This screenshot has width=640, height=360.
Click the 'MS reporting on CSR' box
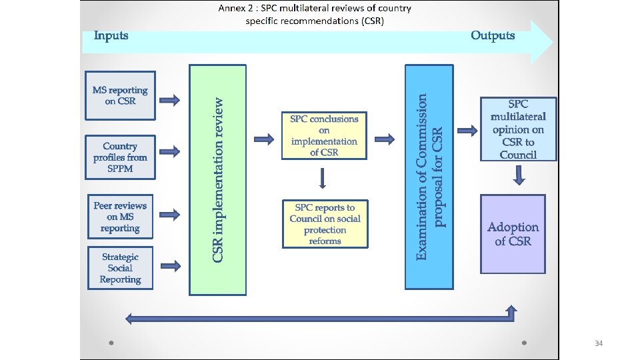click(120, 95)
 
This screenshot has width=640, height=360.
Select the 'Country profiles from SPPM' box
click(120, 157)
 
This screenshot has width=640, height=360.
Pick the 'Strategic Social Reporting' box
click(120, 268)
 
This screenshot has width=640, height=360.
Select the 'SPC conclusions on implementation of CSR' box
click(324, 135)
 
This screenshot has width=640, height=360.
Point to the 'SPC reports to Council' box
click(325, 224)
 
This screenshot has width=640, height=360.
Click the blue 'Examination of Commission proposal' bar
click(429, 177)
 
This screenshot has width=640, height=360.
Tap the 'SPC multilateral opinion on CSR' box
click(518, 129)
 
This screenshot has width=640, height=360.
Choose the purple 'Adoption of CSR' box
click(513, 234)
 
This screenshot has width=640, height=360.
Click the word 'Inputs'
click(111, 35)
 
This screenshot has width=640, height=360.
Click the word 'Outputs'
click(493, 35)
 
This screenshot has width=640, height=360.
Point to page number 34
click(598, 343)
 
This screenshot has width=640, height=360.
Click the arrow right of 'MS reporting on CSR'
click(170, 101)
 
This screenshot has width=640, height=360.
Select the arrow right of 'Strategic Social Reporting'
click(170, 266)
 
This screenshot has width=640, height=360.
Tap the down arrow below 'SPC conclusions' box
click(323, 178)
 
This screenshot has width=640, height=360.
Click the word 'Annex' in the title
click(233, 9)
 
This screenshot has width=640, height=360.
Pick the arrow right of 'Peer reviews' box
click(170, 215)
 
